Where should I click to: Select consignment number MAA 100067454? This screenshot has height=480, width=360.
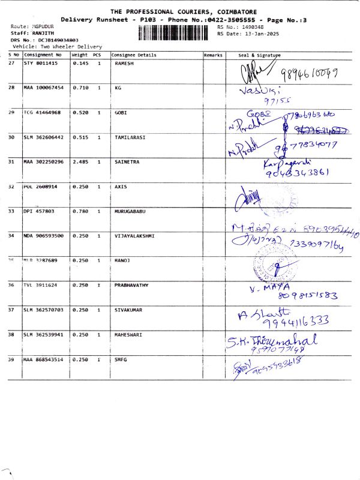point(43,88)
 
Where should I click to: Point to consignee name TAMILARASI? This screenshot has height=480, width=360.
point(129,137)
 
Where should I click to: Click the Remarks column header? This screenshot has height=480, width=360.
point(213,55)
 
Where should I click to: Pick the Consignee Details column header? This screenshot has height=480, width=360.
point(134,55)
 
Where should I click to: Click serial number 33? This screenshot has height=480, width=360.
point(12,211)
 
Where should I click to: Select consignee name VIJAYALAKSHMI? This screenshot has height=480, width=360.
point(134,236)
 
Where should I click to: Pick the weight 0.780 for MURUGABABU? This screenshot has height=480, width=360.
point(80,211)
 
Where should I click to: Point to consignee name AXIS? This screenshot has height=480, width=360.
point(121,187)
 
